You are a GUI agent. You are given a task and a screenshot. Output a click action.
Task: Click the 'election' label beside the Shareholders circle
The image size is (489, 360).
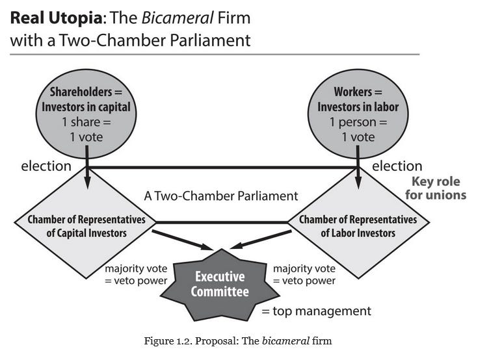[46, 166]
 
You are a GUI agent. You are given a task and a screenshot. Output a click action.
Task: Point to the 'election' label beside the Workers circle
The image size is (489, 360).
[397, 166]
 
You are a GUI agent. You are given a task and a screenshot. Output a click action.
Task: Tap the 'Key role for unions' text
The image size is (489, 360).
[436, 188]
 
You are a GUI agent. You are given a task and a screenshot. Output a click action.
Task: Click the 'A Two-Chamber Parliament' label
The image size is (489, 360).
[221, 196]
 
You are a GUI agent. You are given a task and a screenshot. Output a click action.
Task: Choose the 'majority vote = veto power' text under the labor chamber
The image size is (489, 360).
[304, 274]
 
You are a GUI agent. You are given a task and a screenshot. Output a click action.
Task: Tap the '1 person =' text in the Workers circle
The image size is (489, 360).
[358, 122]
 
